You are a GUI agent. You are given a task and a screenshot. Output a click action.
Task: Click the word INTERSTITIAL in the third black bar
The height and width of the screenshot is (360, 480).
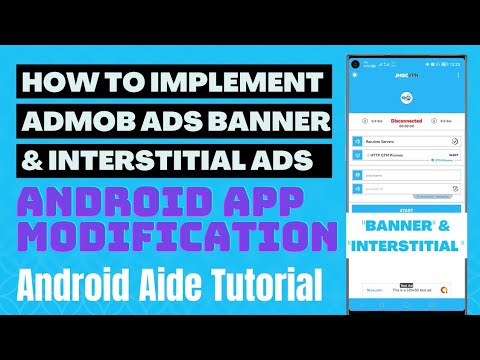pyautogui.click(x=155, y=159)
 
